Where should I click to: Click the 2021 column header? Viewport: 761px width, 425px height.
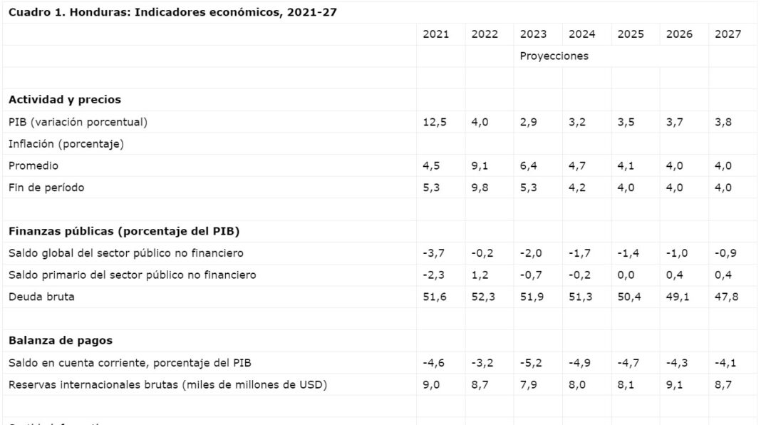(435, 34)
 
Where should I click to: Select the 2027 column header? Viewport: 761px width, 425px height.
(728, 34)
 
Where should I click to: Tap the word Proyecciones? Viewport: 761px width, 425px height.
(554, 56)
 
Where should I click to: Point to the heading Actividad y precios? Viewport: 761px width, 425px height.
(65, 100)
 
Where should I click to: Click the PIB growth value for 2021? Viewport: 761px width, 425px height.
(435, 122)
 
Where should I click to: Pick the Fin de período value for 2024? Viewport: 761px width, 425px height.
(577, 188)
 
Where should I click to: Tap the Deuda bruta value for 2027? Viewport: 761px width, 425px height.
(726, 297)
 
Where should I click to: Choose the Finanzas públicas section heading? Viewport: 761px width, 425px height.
(124, 231)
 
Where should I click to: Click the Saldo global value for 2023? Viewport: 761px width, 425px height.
(531, 253)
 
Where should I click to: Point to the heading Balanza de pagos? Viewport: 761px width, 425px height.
(61, 341)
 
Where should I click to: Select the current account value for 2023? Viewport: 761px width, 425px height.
(531, 363)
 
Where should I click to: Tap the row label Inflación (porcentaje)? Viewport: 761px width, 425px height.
(66, 144)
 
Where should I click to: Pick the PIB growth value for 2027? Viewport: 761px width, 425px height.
(723, 122)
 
